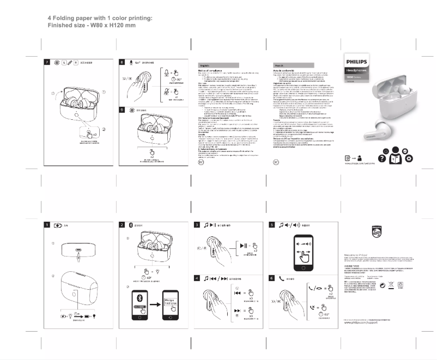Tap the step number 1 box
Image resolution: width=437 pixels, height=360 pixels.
[48, 225]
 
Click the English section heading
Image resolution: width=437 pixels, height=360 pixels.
[205, 64]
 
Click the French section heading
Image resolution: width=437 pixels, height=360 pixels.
[281, 64]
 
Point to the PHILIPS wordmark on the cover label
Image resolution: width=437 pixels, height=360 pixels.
[357, 62]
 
